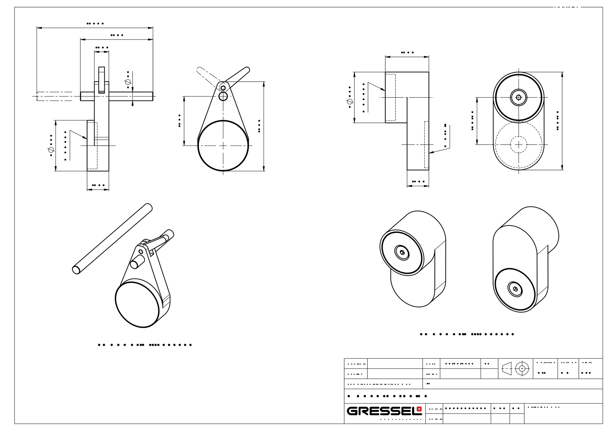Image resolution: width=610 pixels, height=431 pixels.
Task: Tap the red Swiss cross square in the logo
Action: coord(420,409)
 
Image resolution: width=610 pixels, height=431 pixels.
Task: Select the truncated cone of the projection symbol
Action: coord(507,368)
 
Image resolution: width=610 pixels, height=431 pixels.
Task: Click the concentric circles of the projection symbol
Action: coord(522,368)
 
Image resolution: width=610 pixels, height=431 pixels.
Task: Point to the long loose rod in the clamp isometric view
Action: coord(112,239)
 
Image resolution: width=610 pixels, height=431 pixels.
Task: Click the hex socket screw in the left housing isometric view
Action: coord(402,253)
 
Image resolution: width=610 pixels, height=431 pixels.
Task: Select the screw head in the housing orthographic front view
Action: coord(518,98)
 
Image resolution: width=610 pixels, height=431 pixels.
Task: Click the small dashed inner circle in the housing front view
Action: coord(518,145)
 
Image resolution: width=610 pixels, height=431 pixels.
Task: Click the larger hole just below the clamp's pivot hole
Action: coord(223,97)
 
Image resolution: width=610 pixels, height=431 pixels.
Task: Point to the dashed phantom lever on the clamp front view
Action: coord(207,77)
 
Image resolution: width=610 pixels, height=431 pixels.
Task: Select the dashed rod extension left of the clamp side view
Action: coord(54,96)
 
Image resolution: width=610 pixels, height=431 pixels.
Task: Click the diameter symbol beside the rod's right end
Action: coord(128,82)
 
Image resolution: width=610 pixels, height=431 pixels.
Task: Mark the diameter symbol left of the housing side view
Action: coord(349,102)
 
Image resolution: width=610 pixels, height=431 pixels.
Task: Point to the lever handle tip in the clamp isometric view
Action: coord(169,234)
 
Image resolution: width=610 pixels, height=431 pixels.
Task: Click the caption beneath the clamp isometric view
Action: coord(145,345)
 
